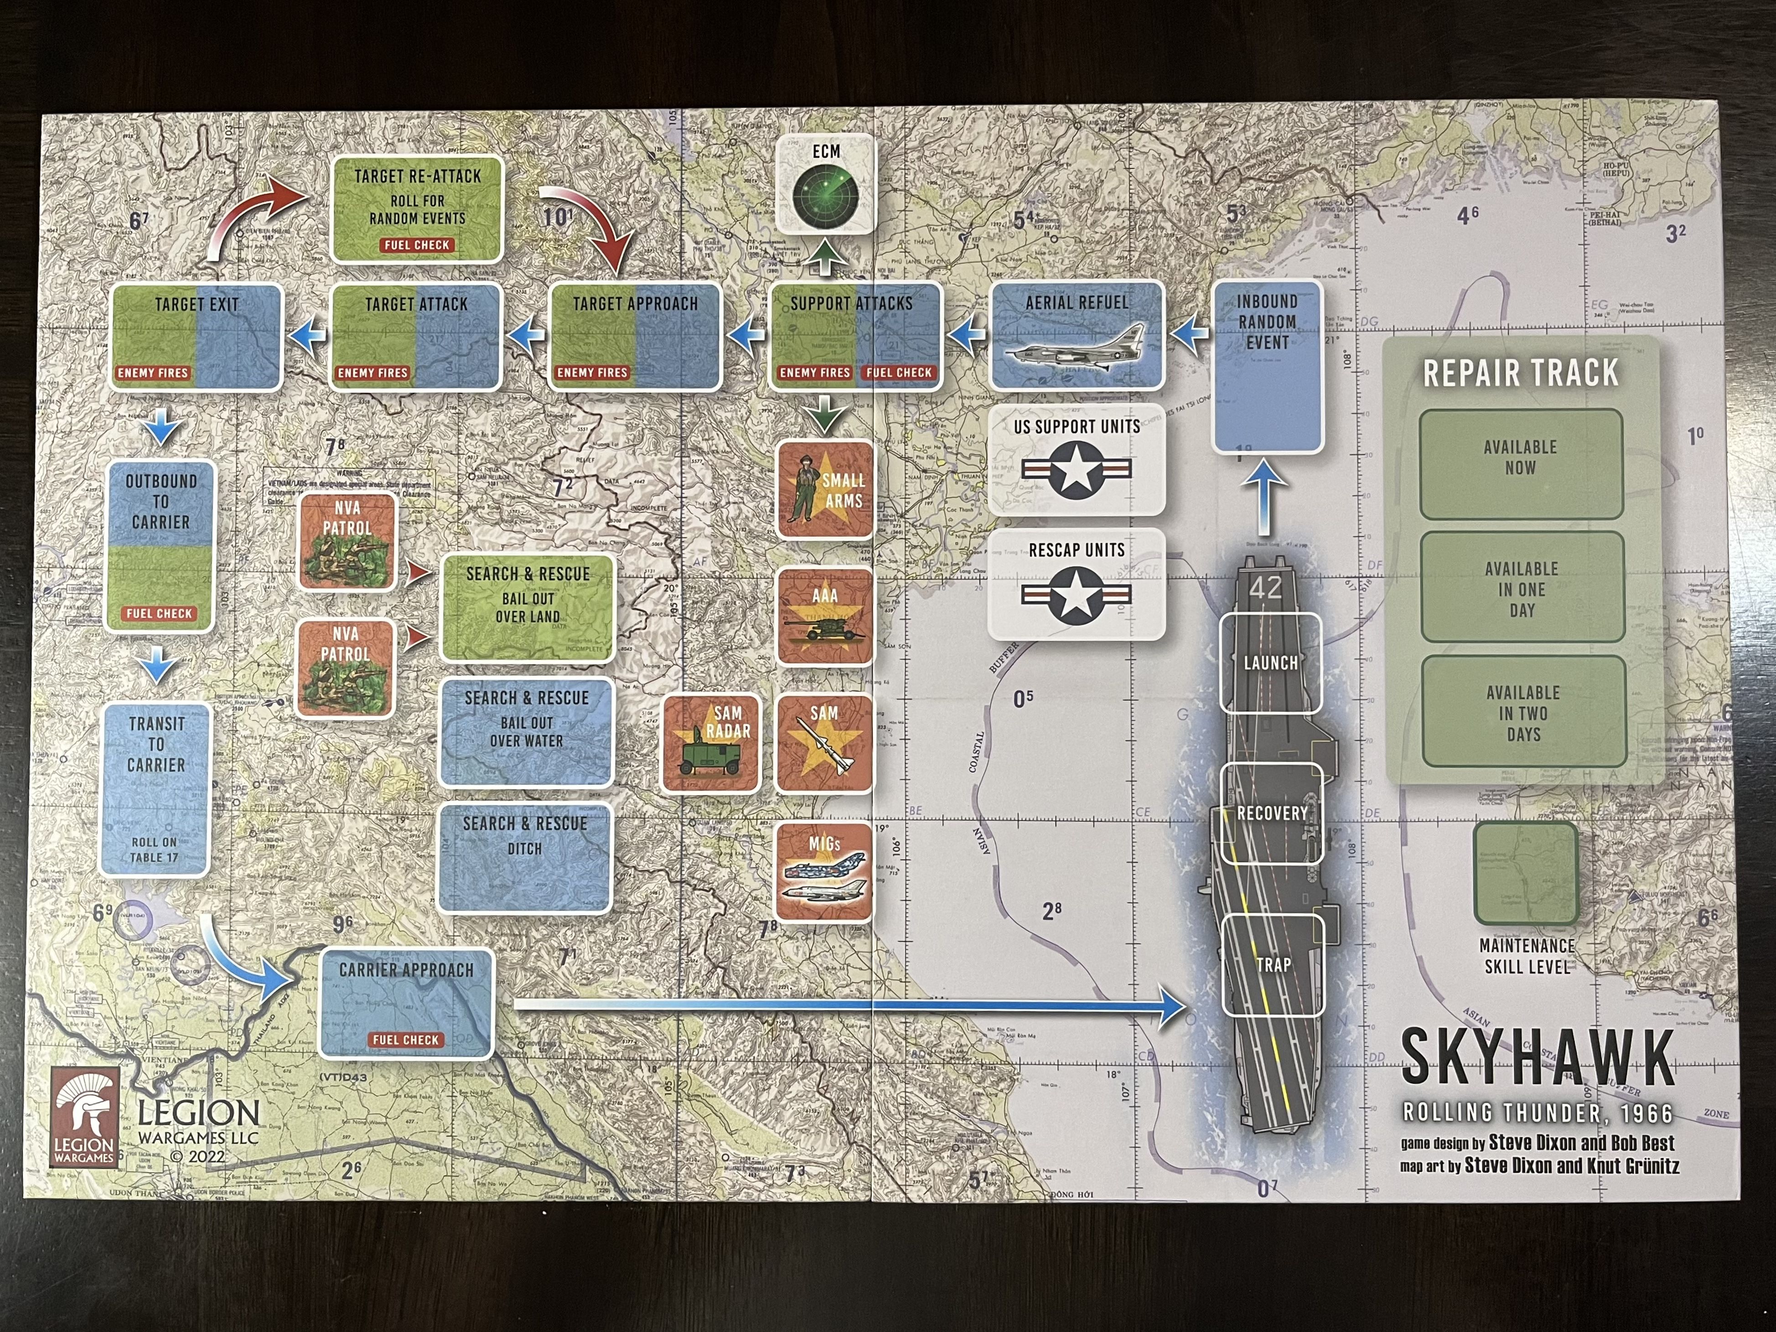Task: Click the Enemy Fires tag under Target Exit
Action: pyautogui.click(x=153, y=373)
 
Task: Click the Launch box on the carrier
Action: pyautogui.click(x=1270, y=663)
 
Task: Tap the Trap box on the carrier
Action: pyautogui.click(x=1273, y=964)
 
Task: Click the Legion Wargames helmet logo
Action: pyautogui.click(x=84, y=1115)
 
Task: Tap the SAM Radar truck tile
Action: pyautogui.click(x=710, y=743)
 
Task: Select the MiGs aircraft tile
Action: pyautogui.click(x=824, y=871)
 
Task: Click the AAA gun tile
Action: pyautogui.click(x=824, y=617)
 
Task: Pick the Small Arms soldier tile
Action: pyautogui.click(x=824, y=490)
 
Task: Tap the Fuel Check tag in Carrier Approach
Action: pyautogui.click(x=405, y=1040)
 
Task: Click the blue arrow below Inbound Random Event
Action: pyautogui.click(x=1264, y=498)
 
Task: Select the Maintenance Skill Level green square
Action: pyautogui.click(x=1526, y=874)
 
